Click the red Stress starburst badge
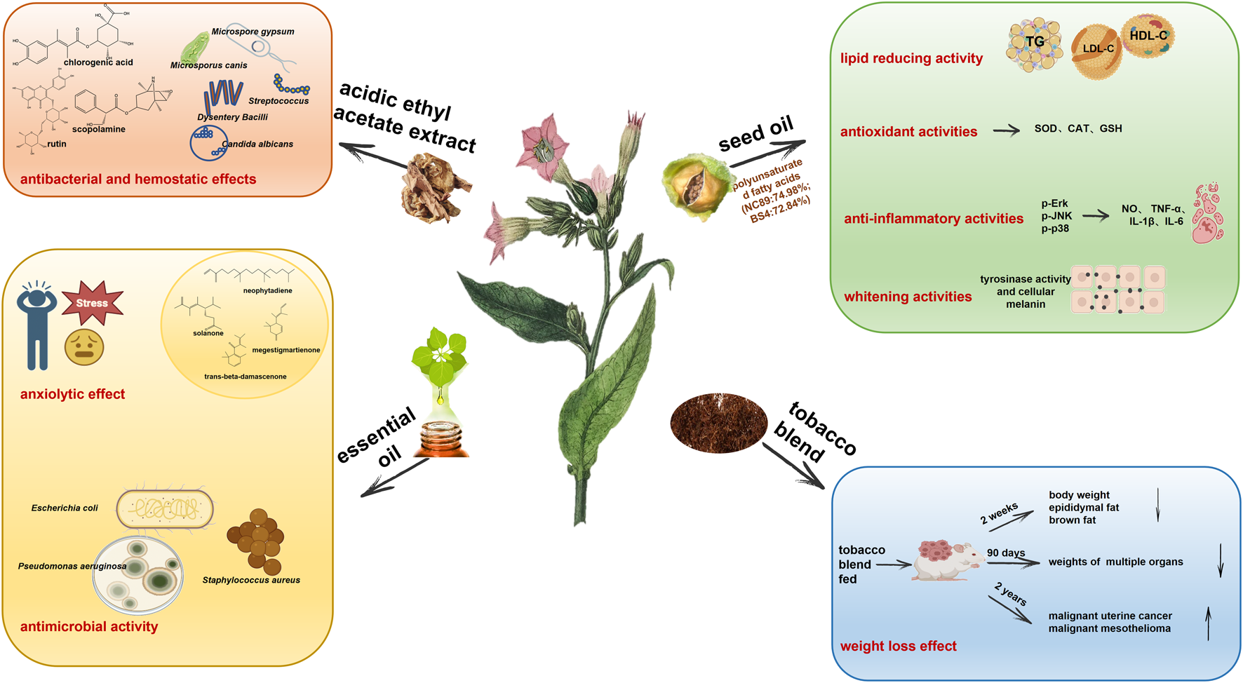(x=93, y=303)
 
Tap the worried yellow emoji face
(x=84, y=347)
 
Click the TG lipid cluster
(x=1035, y=43)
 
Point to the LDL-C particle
(x=1097, y=50)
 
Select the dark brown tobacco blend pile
(x=718, y=422)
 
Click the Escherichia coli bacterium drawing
(x=165, y=508)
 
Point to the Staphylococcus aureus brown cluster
(x=256, y=541)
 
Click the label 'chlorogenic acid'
(x=98, y=62)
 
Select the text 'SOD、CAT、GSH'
(x=1078, y=128)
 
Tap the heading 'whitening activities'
(x=908, y=297)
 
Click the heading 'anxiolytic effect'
(x=72, y=394)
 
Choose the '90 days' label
(x=1006, y=553)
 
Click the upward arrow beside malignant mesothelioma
(x=1208, y=623)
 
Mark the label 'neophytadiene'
(x=268, y=290)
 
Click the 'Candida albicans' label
(x=257, y=144)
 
